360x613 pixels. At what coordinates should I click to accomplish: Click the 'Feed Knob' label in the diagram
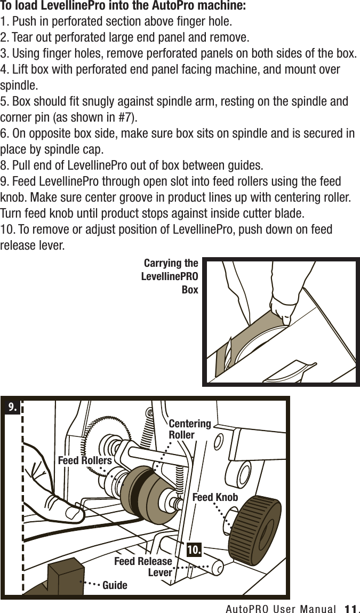click(x=215, y=497)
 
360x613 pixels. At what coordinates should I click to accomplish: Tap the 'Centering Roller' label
click(x=189, y=429)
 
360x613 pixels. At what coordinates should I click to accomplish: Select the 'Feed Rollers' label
click(x=85, y=460)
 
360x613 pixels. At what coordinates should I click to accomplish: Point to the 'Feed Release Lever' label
click(x=144, y=567)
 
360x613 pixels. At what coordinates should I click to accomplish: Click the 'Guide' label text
click(x=115, y=585)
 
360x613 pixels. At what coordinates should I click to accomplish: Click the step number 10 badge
click(x=194, y=550)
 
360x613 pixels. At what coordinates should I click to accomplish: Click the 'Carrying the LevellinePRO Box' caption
click(x=170, y=277)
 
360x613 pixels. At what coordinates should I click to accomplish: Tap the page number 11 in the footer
click(x=350, y=608)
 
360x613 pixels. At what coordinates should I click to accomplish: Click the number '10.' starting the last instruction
click(x=9, y=230)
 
